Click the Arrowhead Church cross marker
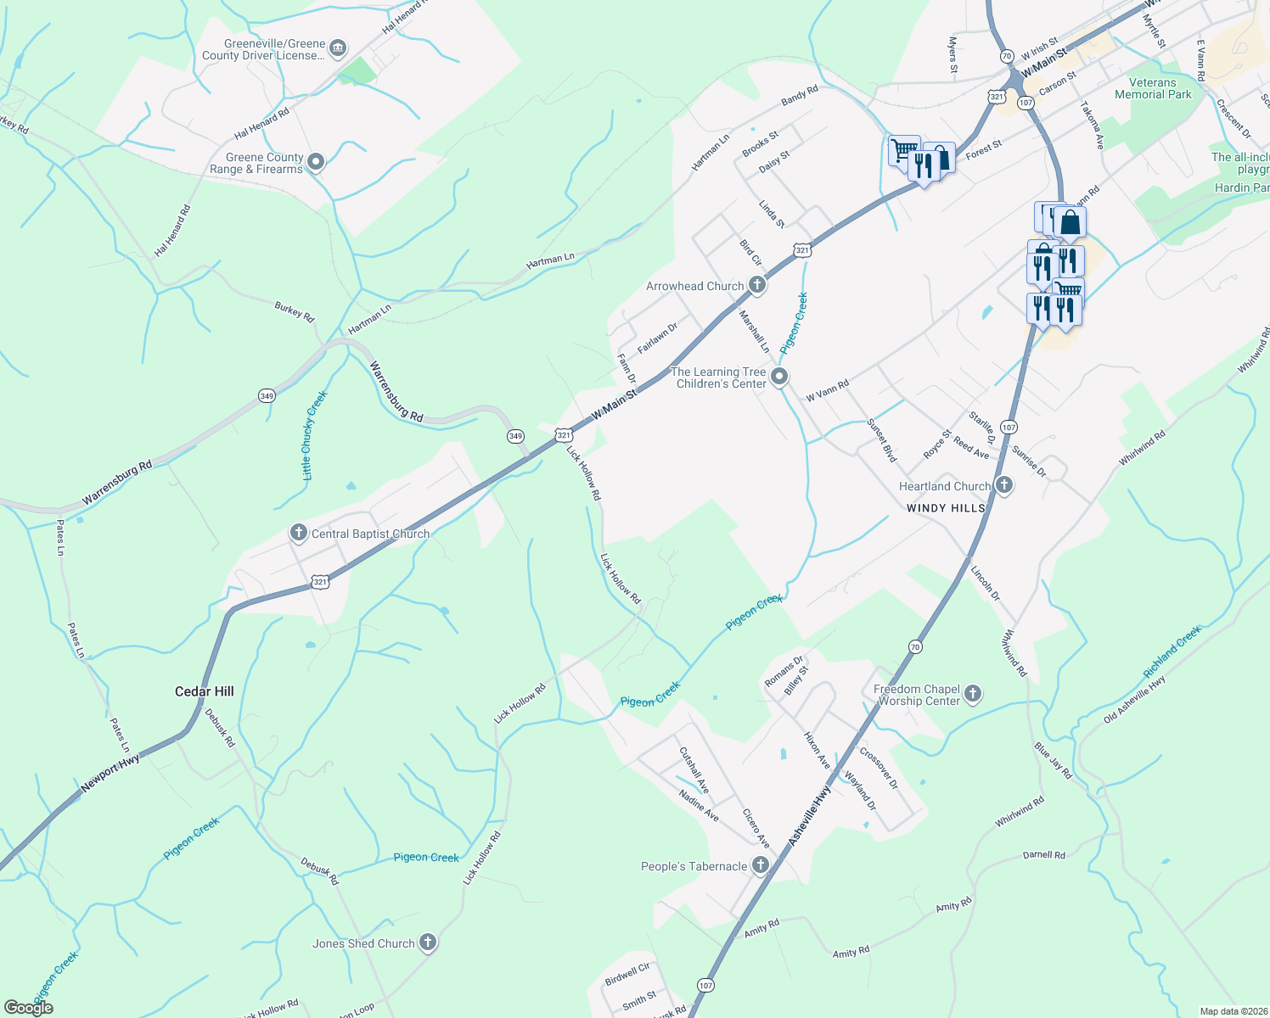[x=757, y=286]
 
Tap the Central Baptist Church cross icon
[x=298, y=533]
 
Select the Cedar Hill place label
[x=205, y=691]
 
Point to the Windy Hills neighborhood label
[x=946, y=508]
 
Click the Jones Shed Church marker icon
[x=428, y=942]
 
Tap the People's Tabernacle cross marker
[x=761, y=865]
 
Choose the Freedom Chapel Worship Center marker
[x=973, y=694]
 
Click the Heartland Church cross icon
[x=1004, y=485]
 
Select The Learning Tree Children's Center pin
[x=779, y=377]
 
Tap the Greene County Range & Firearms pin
[x=316, y=161]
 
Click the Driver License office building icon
[x=337, y=48]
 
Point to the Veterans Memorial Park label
[x=1153, y=88]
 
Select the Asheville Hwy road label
[x=810, y=815]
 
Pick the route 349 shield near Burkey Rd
[x=267, y=396]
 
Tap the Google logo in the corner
[x=28, y=1008]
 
